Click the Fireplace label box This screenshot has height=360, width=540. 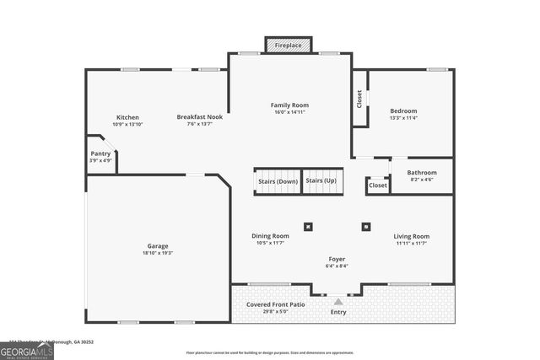click(289, 44)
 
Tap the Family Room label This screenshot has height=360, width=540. click(289, 105)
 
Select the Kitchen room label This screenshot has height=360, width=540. click(127, 117)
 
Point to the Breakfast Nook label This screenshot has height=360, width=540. click(199, 117)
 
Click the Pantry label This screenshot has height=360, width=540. click(100, 153)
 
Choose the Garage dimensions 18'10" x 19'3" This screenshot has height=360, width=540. click(158, 253)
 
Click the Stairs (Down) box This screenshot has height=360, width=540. click(278, 181)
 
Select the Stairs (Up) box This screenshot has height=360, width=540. click(321, 181)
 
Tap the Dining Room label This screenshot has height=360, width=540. click(270, 236)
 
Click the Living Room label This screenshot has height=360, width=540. click(411, 236)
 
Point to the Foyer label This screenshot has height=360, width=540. click(337, 259)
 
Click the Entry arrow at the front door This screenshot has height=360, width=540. click(337, 299)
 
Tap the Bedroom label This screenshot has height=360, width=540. click(402, 110)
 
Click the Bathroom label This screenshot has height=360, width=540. click(422, 172)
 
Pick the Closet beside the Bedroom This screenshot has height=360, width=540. click(359, 98)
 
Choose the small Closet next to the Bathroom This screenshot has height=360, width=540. click(378, 185)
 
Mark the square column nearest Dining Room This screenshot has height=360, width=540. click(308, 226)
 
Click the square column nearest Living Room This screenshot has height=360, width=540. click(365, 226)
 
